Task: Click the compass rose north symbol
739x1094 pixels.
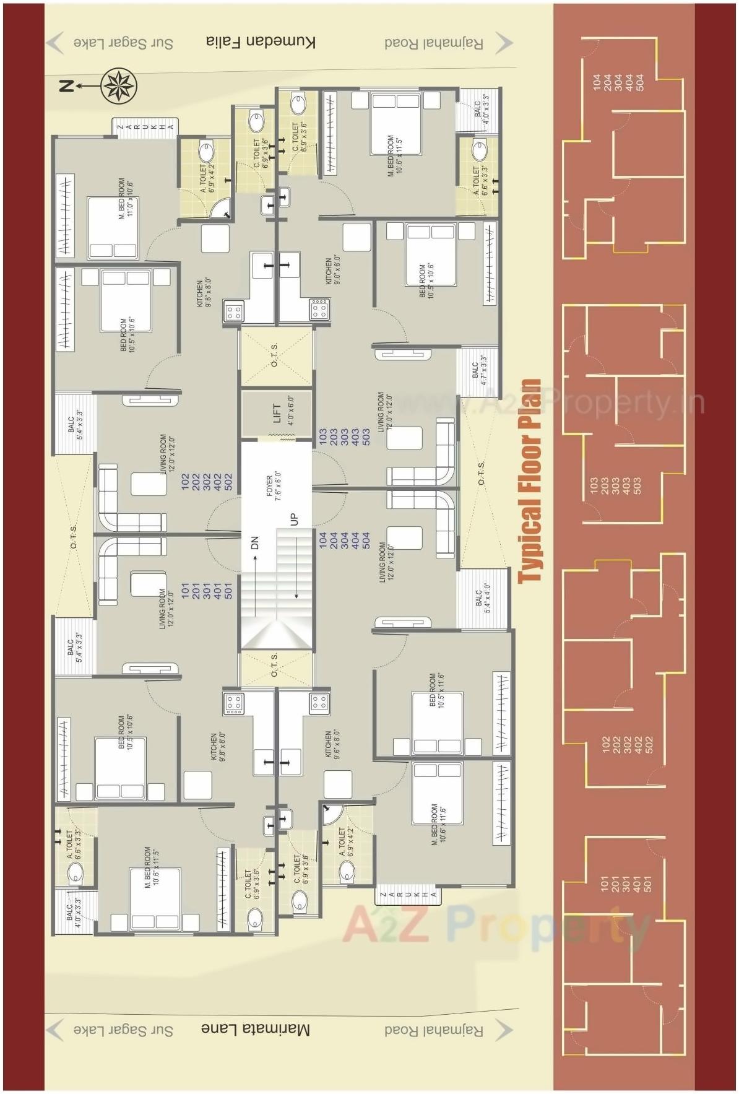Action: point(118,86)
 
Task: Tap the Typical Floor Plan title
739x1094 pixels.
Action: point(530,481)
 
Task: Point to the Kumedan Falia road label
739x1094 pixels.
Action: point(261,42)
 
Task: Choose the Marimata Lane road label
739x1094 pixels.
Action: point(255,1028)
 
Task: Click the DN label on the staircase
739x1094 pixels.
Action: point(254,543)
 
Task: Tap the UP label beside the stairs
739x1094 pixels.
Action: point(294,519)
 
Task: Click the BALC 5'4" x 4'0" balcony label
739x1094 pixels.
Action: point(482,598)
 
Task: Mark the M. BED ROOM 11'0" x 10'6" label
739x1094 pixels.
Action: point(126,198)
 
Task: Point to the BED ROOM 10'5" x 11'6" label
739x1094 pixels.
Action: point(437,691)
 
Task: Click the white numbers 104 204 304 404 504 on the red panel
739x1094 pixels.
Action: point(618,82)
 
